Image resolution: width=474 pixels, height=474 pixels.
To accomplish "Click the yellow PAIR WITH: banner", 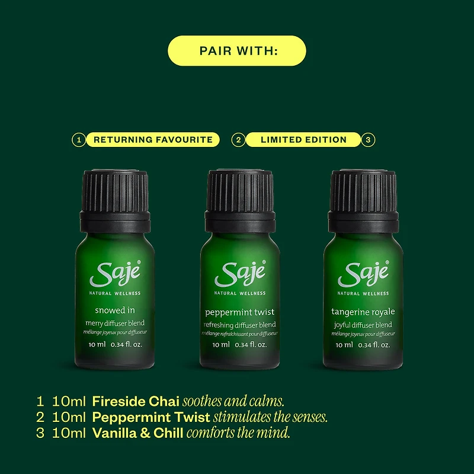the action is [236, 51].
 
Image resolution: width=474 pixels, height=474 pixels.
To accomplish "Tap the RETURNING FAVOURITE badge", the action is [153, 140].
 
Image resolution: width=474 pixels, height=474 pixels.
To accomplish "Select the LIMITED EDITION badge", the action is [303, 140].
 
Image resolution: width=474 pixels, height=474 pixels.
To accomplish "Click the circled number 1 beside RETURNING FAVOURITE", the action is [79, 140].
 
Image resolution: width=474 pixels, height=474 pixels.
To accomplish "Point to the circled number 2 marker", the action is [239, 140].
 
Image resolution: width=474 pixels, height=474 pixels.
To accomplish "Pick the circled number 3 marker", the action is [368, 140].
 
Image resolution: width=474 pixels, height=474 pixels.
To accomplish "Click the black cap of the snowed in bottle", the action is [115, 201].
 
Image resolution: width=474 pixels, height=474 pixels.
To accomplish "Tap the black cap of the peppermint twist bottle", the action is [240, 201].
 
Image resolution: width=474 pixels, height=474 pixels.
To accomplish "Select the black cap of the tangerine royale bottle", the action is [363, 201].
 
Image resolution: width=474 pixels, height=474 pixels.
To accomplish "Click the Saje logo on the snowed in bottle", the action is [115, 274].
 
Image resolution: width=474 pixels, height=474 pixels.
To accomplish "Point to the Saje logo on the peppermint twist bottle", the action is [240, 274].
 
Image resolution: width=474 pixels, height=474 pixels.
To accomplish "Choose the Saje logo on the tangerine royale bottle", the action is [363, 274].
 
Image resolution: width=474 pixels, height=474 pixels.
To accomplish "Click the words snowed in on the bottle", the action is [115, 310].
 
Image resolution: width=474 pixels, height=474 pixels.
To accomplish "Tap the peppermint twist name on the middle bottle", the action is [240, 313].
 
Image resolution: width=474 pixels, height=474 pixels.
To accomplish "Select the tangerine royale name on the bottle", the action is [363, 312].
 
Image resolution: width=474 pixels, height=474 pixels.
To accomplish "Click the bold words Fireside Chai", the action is [136, 402].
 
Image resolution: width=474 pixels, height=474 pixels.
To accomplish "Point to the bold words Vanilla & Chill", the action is [137, 433].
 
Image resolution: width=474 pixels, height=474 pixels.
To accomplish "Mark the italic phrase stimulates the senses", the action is [270, 417].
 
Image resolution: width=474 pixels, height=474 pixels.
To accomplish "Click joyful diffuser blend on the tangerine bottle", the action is [363, 325].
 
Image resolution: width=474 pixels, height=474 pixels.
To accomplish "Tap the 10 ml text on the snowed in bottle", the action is [97, 344].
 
